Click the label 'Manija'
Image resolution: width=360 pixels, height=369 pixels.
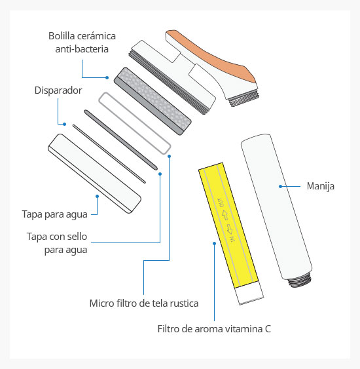point(321,186)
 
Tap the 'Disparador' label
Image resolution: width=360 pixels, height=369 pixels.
point(58,90)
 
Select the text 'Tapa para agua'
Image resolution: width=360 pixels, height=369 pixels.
point(54,214)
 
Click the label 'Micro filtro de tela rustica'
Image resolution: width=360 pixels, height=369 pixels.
point(144,303)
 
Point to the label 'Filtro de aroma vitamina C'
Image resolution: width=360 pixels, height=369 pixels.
point(214,329)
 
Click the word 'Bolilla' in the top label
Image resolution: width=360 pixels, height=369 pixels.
point(61,36)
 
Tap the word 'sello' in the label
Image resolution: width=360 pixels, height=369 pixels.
point(77,237)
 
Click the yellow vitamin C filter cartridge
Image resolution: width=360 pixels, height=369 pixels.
point(228,225)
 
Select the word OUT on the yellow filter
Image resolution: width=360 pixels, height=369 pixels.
point(221,203)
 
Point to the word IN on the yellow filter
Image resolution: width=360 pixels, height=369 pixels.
point(232,239)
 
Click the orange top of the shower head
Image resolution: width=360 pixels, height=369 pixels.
point(211,54)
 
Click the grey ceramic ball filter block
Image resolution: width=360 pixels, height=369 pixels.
point(153,101)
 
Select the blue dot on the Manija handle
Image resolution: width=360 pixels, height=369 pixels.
point(280,186)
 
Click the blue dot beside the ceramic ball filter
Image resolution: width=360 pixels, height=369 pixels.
point(107,77)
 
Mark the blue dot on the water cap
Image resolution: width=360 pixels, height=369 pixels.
point(97,196)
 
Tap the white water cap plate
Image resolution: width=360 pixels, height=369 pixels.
point(94,174)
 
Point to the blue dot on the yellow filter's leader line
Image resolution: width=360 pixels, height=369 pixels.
point(214,244)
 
